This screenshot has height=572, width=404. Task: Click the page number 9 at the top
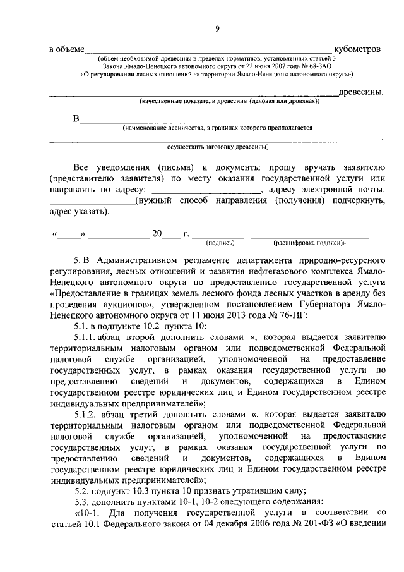pyautogui.click(x=217, y=28)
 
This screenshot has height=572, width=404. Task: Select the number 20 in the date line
pyautogui.click(x=157, y=233)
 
